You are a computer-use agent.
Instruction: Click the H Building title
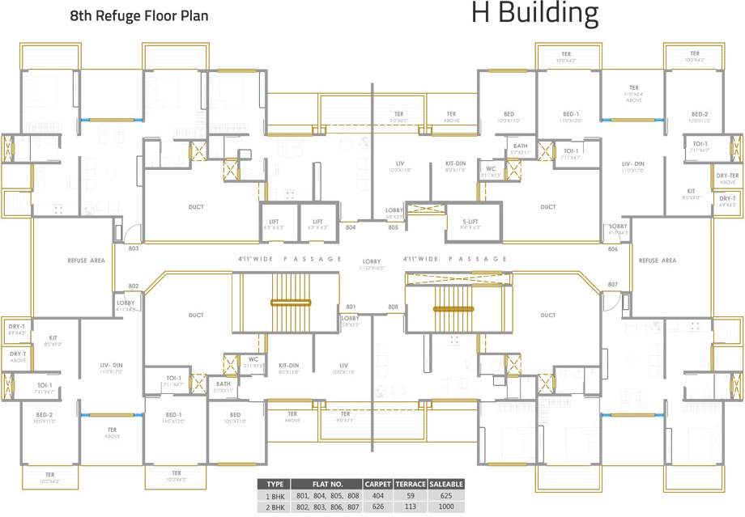click(x=534, y=14)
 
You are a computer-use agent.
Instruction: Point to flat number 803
click(x=134, y=248)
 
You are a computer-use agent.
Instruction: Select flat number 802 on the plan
click(x=134, y=286)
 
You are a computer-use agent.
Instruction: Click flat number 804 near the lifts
click(x=351, y=228)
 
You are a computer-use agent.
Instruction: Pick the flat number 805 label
click(x=394, y=228)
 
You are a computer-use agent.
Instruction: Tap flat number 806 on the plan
click(x=613, y=249)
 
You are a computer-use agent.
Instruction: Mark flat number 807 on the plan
click(x=613, y=284)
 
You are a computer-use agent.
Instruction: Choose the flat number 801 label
click(x=351, y=307)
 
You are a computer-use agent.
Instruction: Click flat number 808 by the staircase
click(x=394, y=307)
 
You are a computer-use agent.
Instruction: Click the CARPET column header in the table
click(x=378, y=484)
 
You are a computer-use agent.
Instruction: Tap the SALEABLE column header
click(x=446, y=484)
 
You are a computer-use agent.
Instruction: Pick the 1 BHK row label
click(x=274, y=494)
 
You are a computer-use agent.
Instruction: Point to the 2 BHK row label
click(x=274, y=506)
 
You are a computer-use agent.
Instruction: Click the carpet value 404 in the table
click(x=378, y=494)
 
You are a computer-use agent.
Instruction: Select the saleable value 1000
click(x=446, y=506)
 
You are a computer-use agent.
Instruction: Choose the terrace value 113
click(x=411, y=506)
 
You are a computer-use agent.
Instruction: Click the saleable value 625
click(x=446, y=494)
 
